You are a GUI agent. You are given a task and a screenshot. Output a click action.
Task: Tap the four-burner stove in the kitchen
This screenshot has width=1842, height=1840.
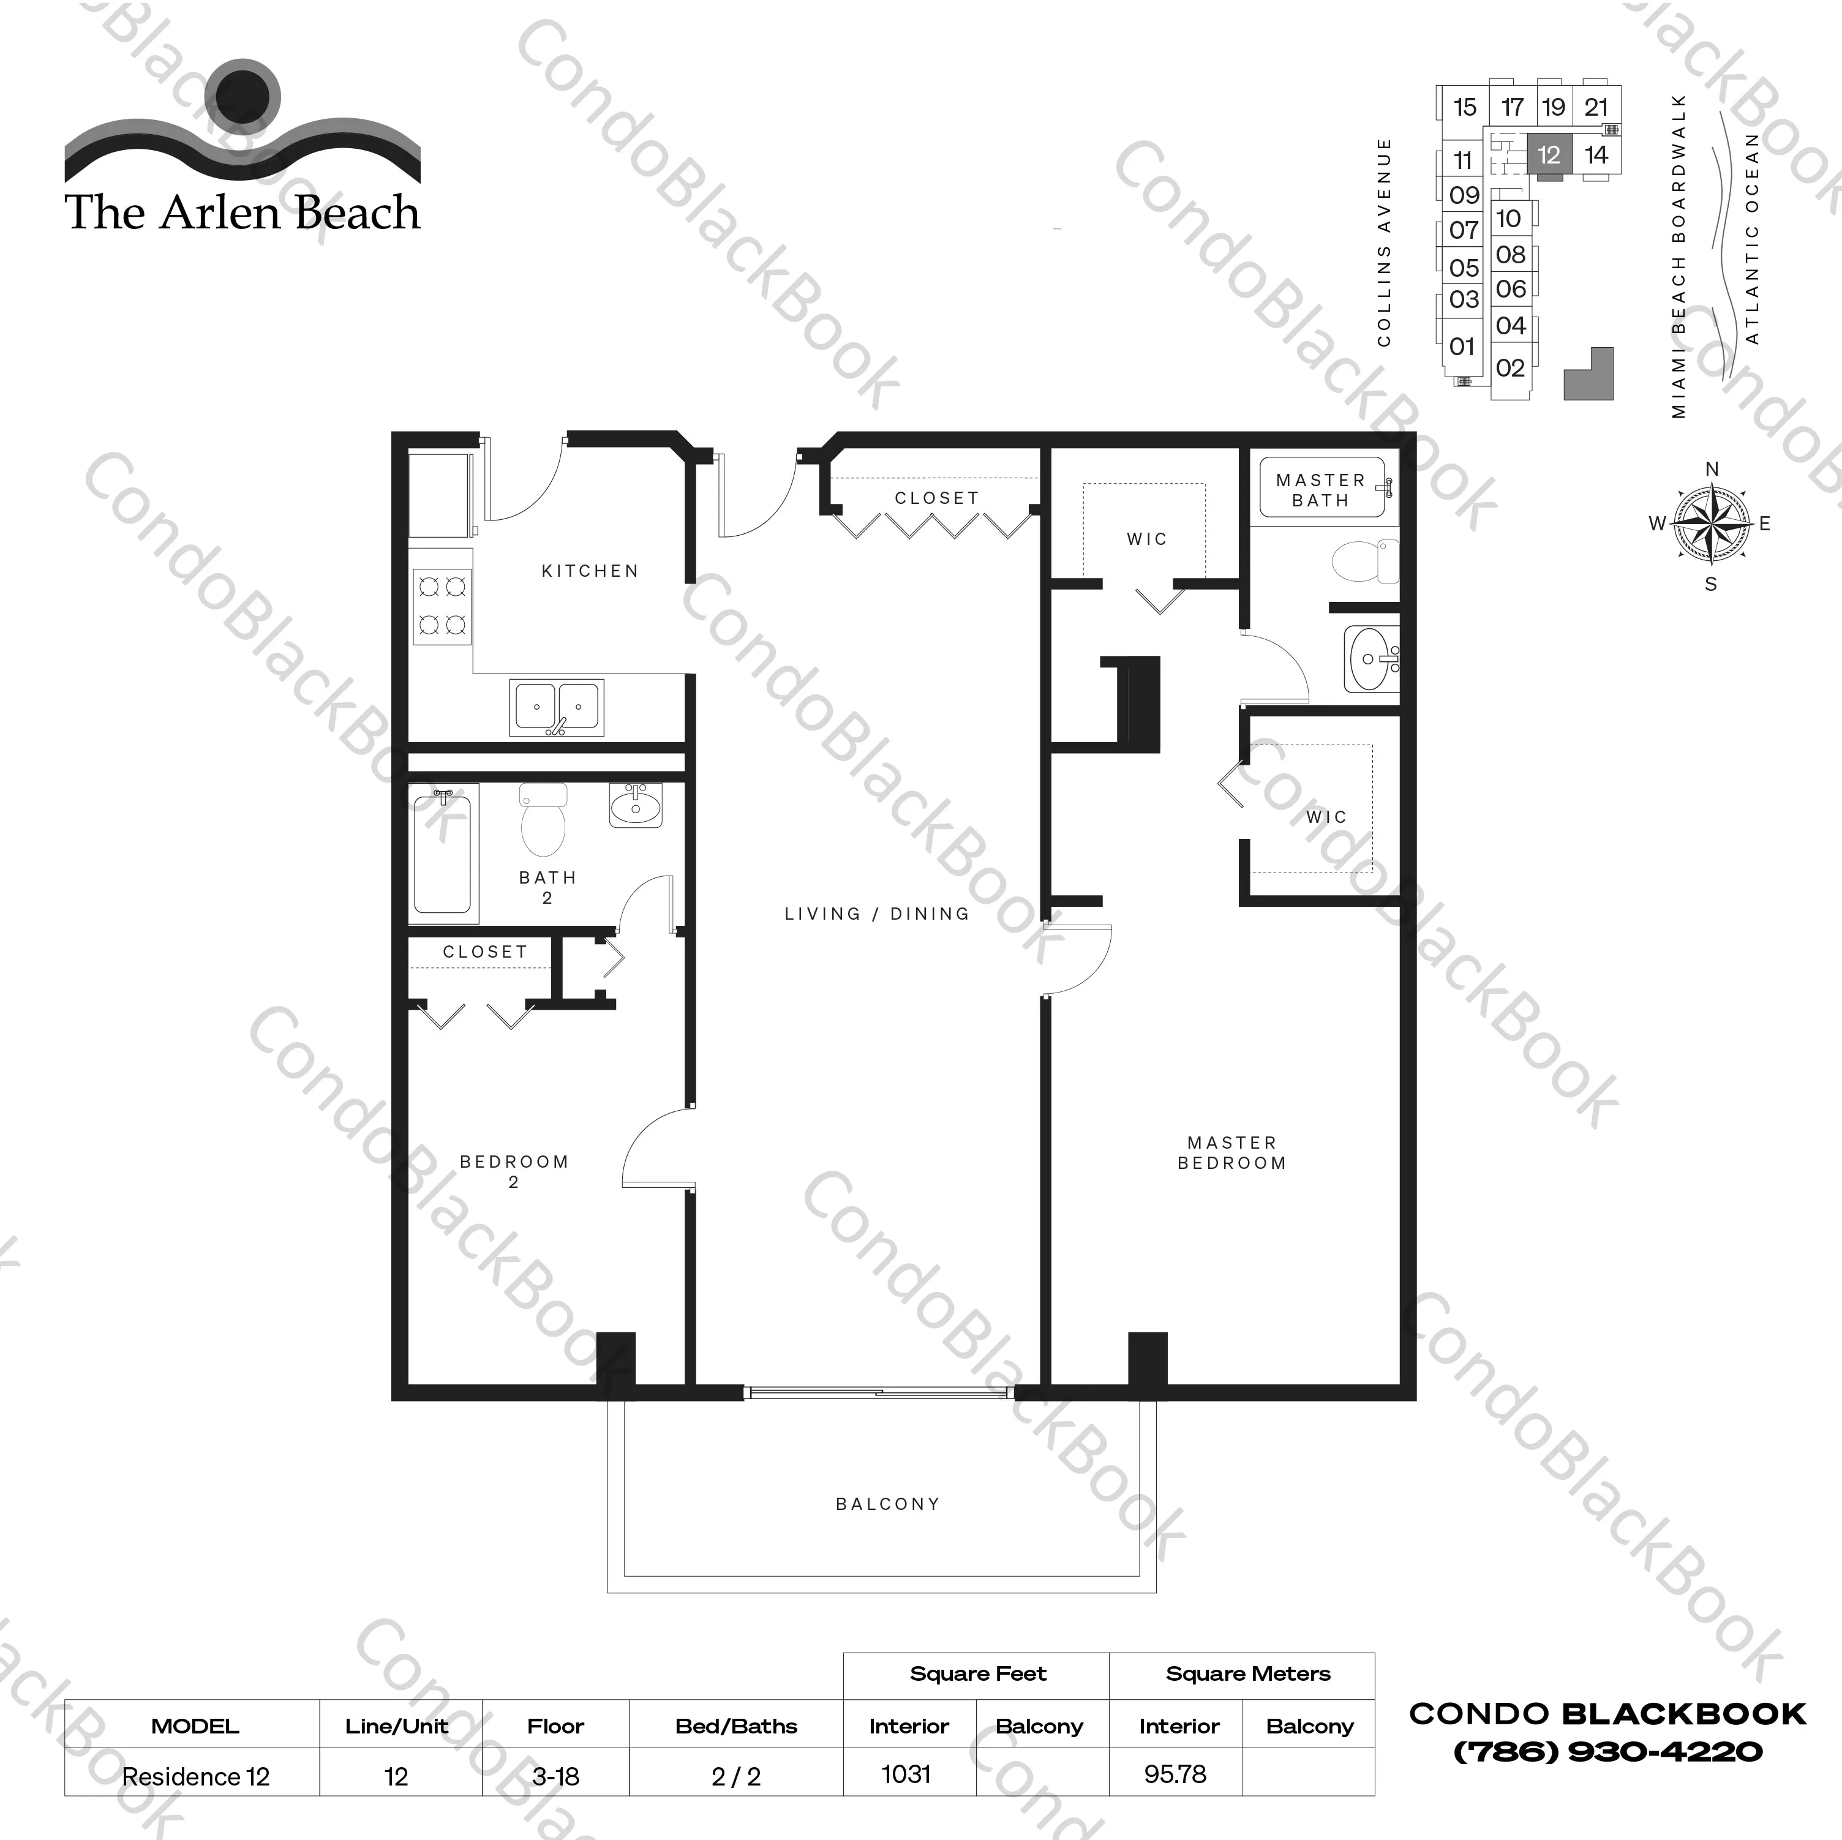tap(442, 606)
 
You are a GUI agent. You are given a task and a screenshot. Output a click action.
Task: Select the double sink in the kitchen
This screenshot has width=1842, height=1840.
tap(557, 707)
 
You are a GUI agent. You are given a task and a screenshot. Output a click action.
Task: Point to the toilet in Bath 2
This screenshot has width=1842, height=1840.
tap(543, 820)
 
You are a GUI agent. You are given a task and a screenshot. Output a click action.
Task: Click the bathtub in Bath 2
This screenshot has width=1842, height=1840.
tap(442, 854)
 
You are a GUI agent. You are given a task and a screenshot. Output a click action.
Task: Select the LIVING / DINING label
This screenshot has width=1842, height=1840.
tap(877, 914)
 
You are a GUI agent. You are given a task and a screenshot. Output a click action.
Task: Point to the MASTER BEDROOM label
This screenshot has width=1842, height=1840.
tap(1232, 1152)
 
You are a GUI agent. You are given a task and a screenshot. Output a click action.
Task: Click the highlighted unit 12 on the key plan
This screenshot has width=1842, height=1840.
tap(1548, 154)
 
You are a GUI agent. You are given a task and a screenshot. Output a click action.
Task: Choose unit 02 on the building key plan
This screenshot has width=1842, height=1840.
tap(1510, 368)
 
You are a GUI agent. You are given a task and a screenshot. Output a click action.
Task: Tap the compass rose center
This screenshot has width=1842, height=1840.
tap(1712, 524)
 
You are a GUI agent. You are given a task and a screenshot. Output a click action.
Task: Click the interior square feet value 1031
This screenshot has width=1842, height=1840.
tap(906, 1774)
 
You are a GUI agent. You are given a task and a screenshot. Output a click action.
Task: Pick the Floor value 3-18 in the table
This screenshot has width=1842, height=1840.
tap(556, 1777)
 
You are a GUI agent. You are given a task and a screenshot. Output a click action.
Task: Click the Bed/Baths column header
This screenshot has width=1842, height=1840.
tap(736, 1727)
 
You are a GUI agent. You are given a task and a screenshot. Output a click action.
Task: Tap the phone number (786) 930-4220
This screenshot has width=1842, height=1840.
tap(1607, 1751)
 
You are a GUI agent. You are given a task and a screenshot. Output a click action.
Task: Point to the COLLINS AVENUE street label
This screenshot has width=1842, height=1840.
tap(1385, 242)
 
